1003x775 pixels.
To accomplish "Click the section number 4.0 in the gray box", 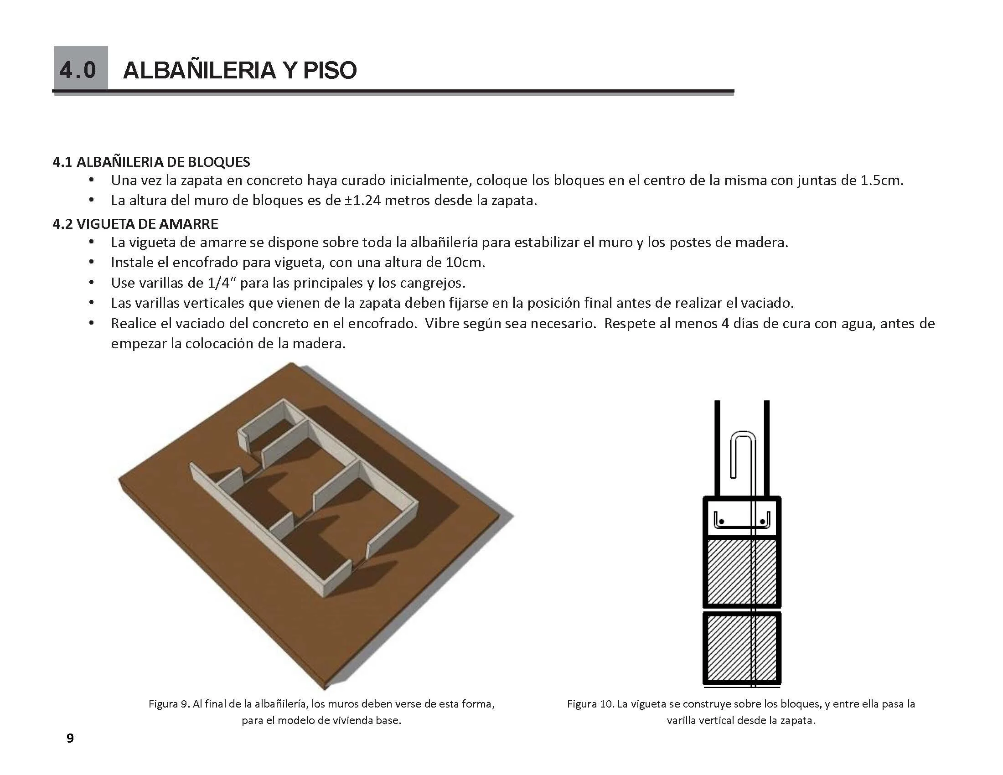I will (x=78, y=70).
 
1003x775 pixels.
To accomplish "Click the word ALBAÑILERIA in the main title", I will (x=199, y=70).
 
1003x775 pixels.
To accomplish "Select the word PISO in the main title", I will (x=329, y=70).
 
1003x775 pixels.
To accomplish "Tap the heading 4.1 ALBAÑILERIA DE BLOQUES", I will (x=151, y=162).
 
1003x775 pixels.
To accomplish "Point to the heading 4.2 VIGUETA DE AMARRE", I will (x=135, y=224).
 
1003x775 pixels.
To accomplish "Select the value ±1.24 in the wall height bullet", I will (x=363, y=201).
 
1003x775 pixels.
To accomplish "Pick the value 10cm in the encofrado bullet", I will (x=464, y=263).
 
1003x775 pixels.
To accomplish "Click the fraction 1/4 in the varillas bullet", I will (x=218, y=283).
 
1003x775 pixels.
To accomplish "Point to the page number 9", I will (x=70, y=738).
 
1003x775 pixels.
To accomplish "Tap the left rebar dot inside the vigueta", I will (x=722, y=522).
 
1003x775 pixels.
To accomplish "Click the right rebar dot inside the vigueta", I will (x=763, y=522).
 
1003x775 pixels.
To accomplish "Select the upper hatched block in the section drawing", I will (x=742, y=572).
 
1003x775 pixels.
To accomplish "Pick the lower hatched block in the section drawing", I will (x=742, y=647).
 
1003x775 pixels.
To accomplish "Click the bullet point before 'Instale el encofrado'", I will (x=92, y=263).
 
